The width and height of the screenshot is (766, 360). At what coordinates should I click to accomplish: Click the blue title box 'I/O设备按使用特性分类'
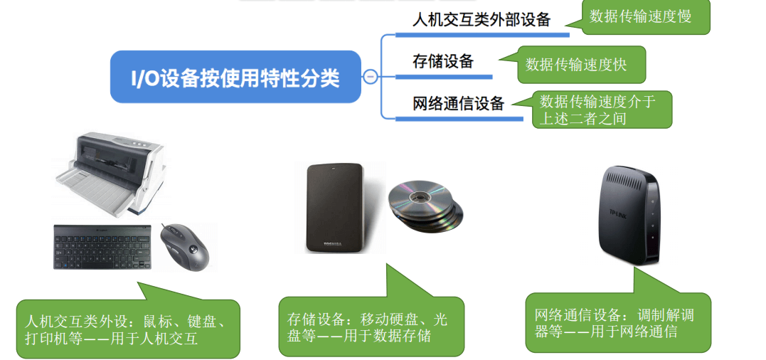(235, 77)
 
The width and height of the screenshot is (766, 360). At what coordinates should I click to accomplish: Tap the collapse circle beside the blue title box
(370, 77)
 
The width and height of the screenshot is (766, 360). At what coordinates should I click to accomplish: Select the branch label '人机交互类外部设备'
(482, 20)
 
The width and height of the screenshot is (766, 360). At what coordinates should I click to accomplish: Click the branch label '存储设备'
(442, 61)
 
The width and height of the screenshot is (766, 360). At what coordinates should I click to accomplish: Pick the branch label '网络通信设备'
(458, 104)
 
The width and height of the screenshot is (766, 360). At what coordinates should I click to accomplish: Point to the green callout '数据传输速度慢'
(639, 16)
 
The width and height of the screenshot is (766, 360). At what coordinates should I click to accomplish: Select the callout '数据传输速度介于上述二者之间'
(602, 110)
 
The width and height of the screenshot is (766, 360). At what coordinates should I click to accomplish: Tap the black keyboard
(102, 247)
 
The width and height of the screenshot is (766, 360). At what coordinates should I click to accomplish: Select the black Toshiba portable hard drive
(334, 208)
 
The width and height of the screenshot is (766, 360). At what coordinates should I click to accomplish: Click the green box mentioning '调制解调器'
(617, 322)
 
